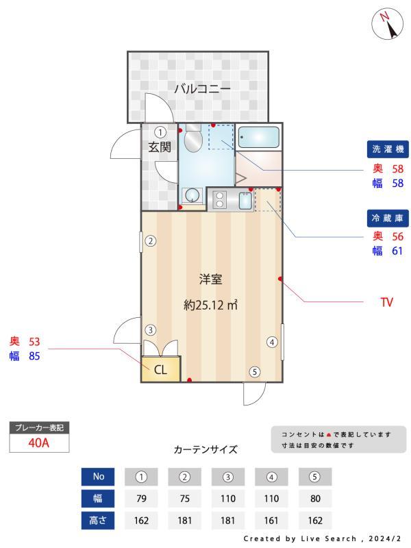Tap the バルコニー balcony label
click(201, 88)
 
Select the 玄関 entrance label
click(160, 147)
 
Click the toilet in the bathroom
click(192, 140)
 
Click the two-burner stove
click(220, 199)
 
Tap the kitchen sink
click(244, 201)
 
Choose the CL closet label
click(160, 370)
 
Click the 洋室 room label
click(210, 279)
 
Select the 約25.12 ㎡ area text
click(210, 305)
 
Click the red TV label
click(387, 301)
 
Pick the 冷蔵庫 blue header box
click(388, 218)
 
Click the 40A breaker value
click(39, 443)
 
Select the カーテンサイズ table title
click(206, 450)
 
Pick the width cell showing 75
click(184, 498)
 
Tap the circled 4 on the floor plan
click(271, 342)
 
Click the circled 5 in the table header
click(314, 477)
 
